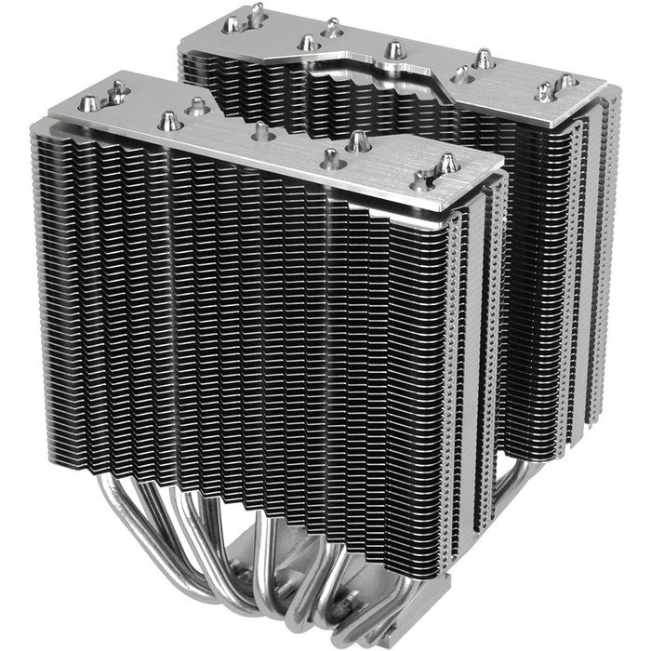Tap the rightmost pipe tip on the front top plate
tap(447, 164)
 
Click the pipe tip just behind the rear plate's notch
tap(393, 48)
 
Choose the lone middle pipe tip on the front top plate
tap(261, 131)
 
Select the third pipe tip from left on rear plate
tap(308, 43)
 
